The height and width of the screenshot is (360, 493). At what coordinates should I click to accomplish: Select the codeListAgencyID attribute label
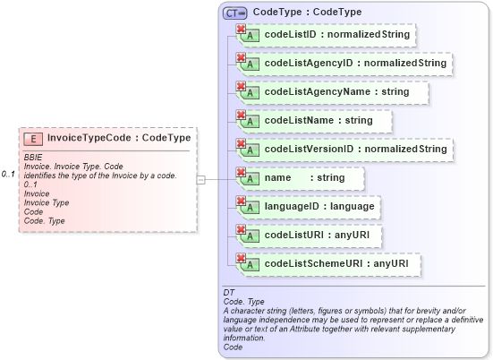coord(355,64)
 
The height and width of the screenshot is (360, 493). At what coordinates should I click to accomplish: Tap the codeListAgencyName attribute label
coord(336,91)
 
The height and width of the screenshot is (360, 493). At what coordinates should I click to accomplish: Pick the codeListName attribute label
coord(319,120)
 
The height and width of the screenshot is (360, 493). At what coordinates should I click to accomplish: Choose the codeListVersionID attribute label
coord(355,149)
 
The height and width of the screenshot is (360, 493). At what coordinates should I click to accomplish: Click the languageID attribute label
coord(319,206)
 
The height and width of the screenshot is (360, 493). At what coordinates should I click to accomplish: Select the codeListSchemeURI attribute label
coord(336,263)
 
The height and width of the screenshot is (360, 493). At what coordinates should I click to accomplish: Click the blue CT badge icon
coord(235,13)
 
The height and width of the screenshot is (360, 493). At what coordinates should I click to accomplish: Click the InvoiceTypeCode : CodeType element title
coord(118,139)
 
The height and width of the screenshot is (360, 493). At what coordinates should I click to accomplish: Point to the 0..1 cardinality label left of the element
coord(8,173)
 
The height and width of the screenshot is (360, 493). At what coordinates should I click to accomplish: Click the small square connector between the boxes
coord(201,180)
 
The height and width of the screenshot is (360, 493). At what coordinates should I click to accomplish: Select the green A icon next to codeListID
coord(252,36)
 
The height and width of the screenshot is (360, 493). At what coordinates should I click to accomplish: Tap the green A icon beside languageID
coord(252,207)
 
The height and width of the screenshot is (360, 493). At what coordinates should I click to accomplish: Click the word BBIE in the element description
coord(33,157)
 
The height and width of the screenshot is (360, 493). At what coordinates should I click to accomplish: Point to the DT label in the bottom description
coord(228,293)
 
